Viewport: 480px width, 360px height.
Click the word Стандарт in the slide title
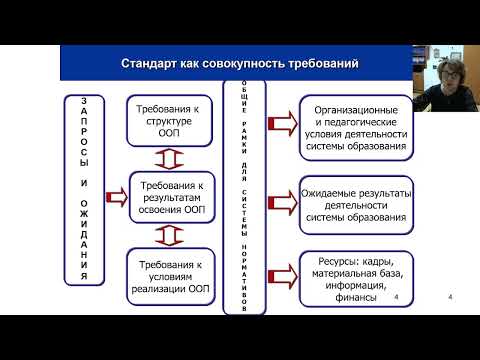(x=151, y=65)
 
